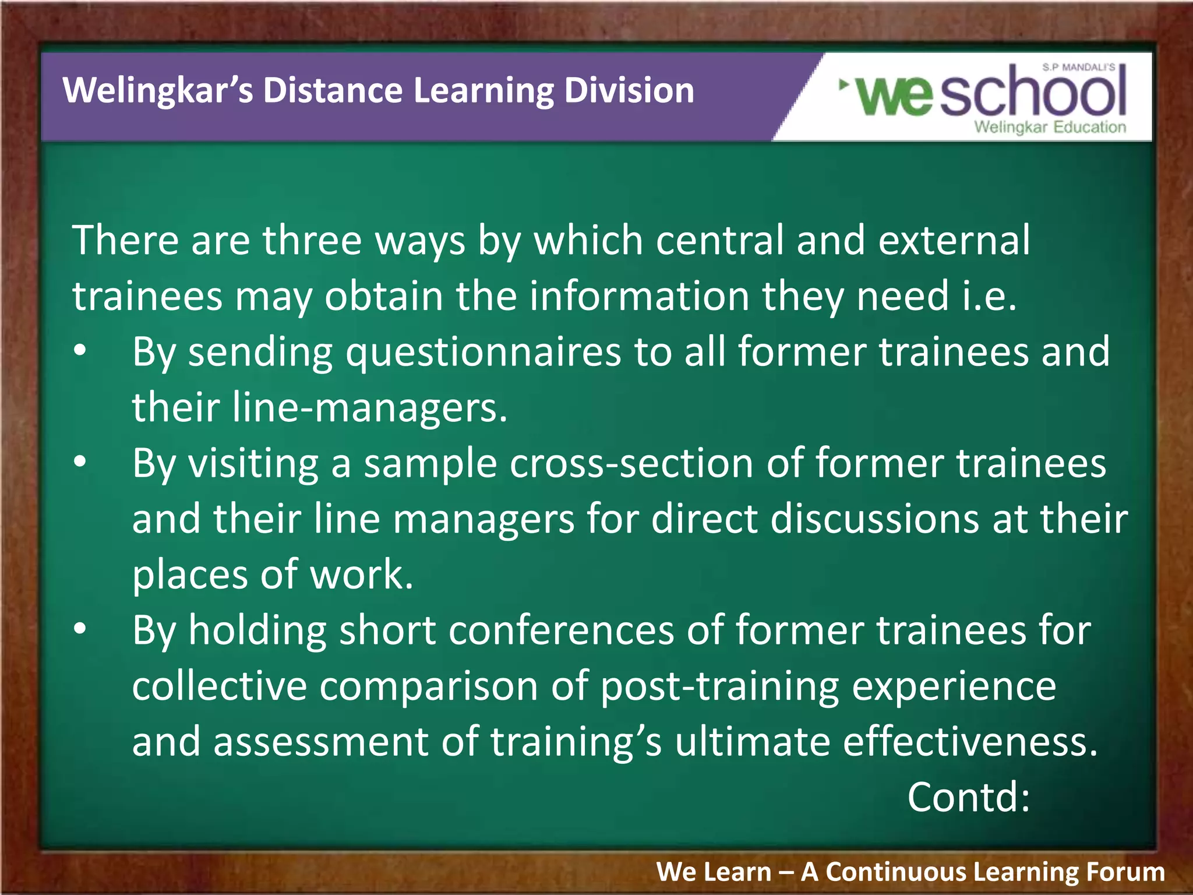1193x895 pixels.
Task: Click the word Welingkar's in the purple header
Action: pyautogui.click(x=157, y=91)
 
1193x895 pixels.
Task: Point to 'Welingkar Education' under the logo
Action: pyautogui.click(x=1050, y=127)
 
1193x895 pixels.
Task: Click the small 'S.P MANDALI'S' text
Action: pyautogui.click(x=1078, y=68)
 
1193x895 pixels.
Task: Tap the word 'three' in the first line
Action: pyautogui.click(x=312, y=240)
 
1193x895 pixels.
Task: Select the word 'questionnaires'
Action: pyautogui.click(x=483, y=352)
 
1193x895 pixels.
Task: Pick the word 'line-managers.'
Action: pyautogui.click(x=370, y=407)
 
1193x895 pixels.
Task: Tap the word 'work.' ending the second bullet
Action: pyautogui.click(x=361, y=575)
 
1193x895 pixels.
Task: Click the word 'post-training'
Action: pyautogui.click(x=720, y=686)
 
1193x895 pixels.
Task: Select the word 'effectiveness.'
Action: pyautogui.click(x=970, y=742)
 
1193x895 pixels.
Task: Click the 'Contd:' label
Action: pyautogui.click(x=968, y=797)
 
